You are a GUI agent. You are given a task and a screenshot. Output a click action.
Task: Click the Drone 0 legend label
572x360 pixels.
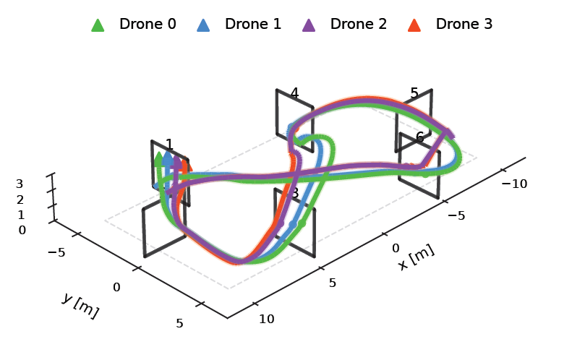(147, 24)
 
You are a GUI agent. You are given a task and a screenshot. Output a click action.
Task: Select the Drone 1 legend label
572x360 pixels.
(252, 24)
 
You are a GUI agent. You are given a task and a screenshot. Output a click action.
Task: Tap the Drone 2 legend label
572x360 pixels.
(358, 24)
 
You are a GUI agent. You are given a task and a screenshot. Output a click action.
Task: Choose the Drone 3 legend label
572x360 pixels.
(464, 24)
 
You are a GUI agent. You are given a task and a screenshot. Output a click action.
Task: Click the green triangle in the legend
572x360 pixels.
(98, 25)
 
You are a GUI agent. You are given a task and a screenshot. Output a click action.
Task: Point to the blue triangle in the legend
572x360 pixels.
(203, 25)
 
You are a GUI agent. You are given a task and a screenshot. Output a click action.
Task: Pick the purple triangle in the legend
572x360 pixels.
(309, 25)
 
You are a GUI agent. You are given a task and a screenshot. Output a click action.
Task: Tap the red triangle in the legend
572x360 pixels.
(414, 25)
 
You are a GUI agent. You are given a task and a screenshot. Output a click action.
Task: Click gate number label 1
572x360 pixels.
(169, 145)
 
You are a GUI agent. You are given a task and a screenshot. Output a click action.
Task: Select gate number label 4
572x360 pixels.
(294, 93)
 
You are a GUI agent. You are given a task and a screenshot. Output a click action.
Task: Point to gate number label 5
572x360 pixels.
(414, 93)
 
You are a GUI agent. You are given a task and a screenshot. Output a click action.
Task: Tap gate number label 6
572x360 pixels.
(419, 137)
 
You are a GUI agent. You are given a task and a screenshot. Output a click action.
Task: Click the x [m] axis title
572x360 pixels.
(417, 257)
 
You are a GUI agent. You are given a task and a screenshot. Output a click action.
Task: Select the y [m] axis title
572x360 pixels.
(80, 306)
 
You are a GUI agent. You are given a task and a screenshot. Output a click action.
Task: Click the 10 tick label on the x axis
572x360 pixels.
(266, 319)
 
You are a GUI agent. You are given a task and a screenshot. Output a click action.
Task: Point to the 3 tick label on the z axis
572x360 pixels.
(20, 184)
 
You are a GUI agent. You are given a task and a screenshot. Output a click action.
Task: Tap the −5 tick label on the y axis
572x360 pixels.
(56, 252)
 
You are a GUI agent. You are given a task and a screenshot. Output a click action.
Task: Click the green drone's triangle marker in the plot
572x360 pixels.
(159, 159)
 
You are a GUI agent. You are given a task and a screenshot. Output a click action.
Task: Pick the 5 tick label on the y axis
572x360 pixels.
(180, 323)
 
